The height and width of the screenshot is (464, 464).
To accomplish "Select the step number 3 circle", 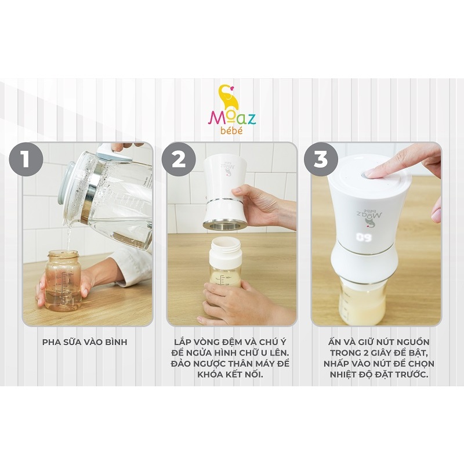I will coord(321,158).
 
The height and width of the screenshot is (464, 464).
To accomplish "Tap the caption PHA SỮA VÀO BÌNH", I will coord(85,342).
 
